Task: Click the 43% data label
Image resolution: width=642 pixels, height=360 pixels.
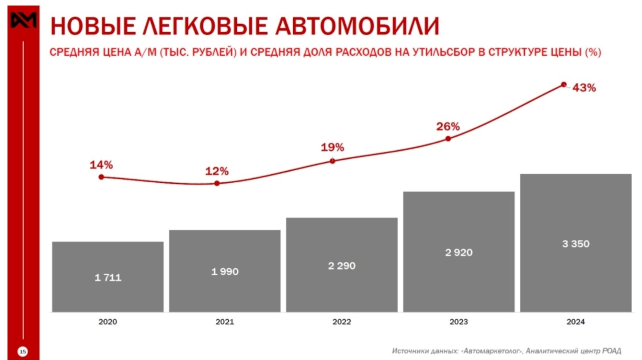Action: pos(584,88)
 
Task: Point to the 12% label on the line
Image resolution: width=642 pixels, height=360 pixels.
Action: pos(217,171)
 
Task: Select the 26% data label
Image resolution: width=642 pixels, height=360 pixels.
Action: pos(448,127)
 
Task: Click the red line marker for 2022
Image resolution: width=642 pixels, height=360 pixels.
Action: pos(332,161)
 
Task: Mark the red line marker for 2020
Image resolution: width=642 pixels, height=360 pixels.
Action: pos(101,177)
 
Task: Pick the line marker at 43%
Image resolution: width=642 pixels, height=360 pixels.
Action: pos(564,84)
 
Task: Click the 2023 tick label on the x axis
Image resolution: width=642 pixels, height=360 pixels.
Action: pos(459,322)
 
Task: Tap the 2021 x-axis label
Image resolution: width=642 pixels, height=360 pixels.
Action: pos(225,322)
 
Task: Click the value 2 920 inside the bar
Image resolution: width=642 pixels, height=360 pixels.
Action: pos(459,253)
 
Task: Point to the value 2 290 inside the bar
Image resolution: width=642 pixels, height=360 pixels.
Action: pos(342,266)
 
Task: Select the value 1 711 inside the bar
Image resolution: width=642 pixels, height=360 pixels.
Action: pos(107,278)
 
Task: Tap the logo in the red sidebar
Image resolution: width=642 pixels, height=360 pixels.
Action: pos(23,20)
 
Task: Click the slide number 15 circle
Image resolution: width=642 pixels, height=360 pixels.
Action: pos(23,352)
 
